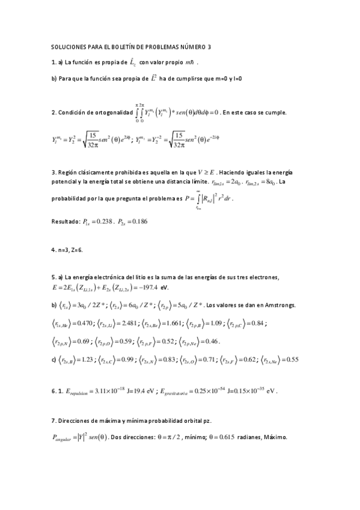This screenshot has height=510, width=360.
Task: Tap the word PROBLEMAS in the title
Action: pyautogui.click(x=168, y=46)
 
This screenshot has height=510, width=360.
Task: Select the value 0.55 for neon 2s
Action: pyautogui.click(x=293, y=360)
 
